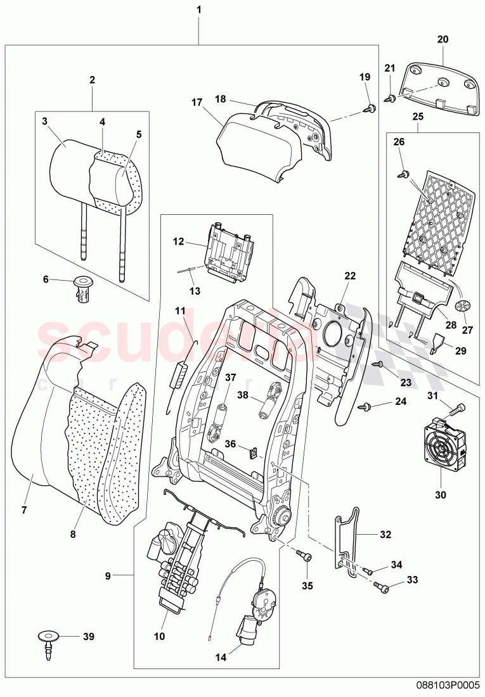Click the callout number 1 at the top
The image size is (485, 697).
[x=199, y=11]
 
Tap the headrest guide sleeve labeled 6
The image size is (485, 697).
[x=81, y=290]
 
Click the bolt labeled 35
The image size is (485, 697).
[x=304, y=556]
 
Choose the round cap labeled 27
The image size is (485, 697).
[x=467, y=306]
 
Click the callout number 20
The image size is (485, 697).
[x=443, y=39]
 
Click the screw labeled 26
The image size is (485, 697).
[x=403, y=173]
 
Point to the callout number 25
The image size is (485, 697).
[x=417, y=117]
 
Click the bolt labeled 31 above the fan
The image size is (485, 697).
[x=458, y=409]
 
